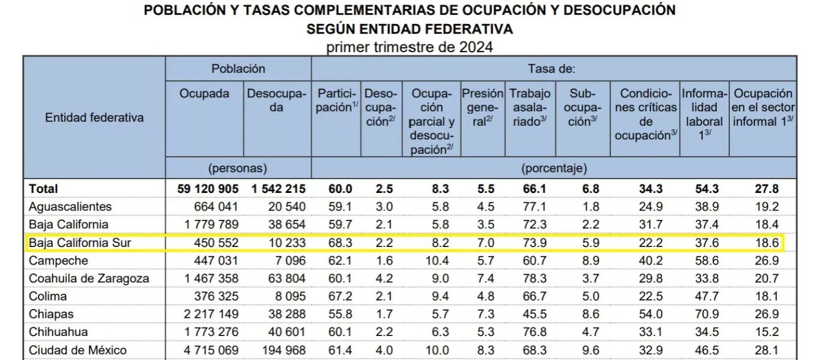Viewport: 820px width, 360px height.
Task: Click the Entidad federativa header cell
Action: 94,118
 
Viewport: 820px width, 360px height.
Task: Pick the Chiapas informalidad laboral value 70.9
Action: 706,314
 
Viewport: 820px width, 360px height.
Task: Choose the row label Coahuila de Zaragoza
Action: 89,278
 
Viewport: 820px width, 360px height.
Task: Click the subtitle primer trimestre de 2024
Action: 409,47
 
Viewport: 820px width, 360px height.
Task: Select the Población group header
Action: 238,69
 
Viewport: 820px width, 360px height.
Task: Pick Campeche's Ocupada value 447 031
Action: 216,261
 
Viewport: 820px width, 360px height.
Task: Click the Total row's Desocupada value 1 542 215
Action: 278,189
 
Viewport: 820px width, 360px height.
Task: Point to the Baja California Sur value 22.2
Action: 651,243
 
